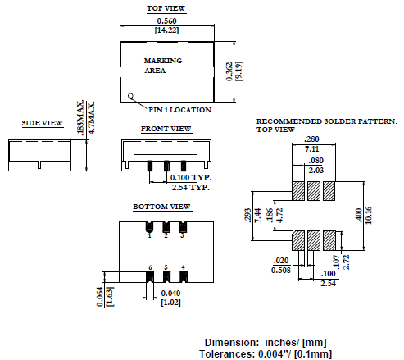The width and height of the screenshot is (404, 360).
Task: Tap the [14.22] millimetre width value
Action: [166, 31]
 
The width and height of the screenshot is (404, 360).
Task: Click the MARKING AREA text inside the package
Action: [162, 66]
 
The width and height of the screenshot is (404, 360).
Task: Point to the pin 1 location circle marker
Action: [131, 96]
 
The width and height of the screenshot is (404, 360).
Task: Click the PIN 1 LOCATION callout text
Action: [179, 109]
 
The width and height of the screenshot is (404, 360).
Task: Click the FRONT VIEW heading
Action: [166, 129]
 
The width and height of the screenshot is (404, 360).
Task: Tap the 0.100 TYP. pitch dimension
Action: [190, 177]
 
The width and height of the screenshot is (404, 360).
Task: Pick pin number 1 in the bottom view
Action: [149, 235]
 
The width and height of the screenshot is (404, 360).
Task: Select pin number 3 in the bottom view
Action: [182, 235]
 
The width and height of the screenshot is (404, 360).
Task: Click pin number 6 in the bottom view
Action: [150, 267]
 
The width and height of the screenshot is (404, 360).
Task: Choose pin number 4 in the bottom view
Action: [183, 267]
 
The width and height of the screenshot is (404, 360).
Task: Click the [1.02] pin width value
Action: [170, 303]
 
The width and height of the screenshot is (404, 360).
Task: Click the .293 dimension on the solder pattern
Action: [247, 215]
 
